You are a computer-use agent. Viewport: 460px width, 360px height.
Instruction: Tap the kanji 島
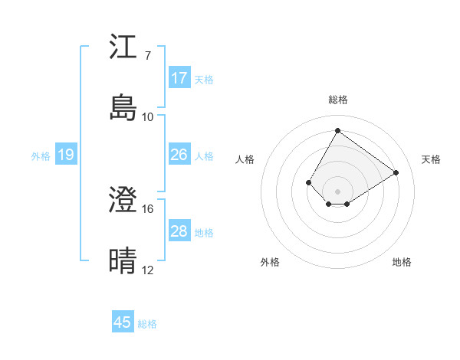click(x=123, y=108)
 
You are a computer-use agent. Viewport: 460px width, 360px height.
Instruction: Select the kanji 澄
click(x=123, y=201)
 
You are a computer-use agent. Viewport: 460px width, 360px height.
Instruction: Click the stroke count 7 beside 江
click(x=148, y=56)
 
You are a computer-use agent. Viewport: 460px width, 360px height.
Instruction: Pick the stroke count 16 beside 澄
click(x=148, y=208)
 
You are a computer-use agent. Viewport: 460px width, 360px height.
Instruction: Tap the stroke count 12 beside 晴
click(x=148, y=270)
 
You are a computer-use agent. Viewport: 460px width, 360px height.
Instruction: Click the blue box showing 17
click(x=179, y=77)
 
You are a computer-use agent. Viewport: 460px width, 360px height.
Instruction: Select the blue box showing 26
click(x=179, y=155)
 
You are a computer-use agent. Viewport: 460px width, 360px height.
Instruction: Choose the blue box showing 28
click(x=179, y=231)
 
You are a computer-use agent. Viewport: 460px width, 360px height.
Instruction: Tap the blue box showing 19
click(x=65, y=155)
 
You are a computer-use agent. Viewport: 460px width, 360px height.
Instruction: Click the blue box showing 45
click(x=123, y=322)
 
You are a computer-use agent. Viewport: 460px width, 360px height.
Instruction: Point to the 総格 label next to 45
click(x=147, y=324)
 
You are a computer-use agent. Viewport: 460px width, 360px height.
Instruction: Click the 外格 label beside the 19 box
click(x=41, y=156)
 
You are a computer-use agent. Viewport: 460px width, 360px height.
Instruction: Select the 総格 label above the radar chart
click(x=338, y=100)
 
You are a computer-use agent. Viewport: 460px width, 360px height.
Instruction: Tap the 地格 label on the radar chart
click(x=402, y=262)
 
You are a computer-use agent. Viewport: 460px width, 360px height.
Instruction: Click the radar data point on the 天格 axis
click(x=396, y=172)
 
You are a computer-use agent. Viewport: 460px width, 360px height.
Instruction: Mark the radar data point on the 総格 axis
click(x=337, y=130)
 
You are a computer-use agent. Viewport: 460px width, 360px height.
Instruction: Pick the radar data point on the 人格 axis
click(x=309, y=182)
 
